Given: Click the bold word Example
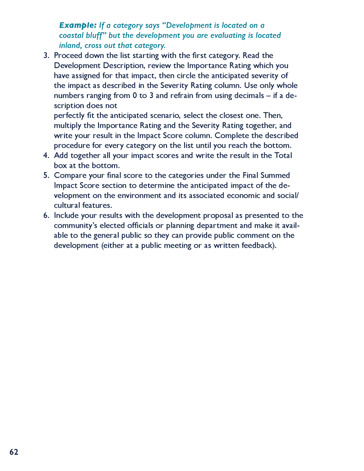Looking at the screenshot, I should (77, 25).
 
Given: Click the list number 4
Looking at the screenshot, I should (46, 156).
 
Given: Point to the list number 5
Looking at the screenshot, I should (46, 175).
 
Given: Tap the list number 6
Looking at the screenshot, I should (46, 215).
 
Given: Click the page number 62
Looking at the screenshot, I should (14, 452).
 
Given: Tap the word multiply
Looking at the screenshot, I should (68, 126).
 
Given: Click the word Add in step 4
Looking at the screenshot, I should (61, 156).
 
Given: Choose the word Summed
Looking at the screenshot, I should (275, 175).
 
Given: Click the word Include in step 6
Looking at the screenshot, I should (67, 215).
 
